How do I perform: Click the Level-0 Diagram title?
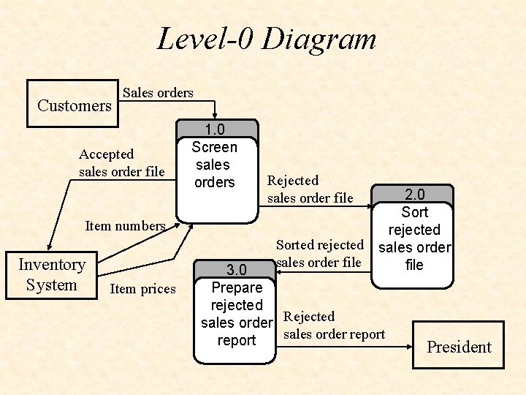coord(267,39)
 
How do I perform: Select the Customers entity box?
coord(73,105)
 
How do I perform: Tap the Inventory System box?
coord(51,275)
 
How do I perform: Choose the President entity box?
coord(459,347)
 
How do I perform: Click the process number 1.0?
coord(214,129)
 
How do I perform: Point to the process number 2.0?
coord(415,195)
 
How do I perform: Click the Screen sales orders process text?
coord(214,165)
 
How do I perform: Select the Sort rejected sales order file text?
coord(414,238)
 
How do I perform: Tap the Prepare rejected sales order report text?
coord(237,314)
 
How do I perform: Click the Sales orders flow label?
coord(158,93)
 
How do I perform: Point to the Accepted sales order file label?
coord(121,163)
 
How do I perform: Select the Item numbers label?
coord(125,225)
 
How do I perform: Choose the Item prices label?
coord(142,289)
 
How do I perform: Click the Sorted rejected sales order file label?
coord(319,253)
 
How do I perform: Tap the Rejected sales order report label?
coord(333,326)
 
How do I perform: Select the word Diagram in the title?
coord(319,39)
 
